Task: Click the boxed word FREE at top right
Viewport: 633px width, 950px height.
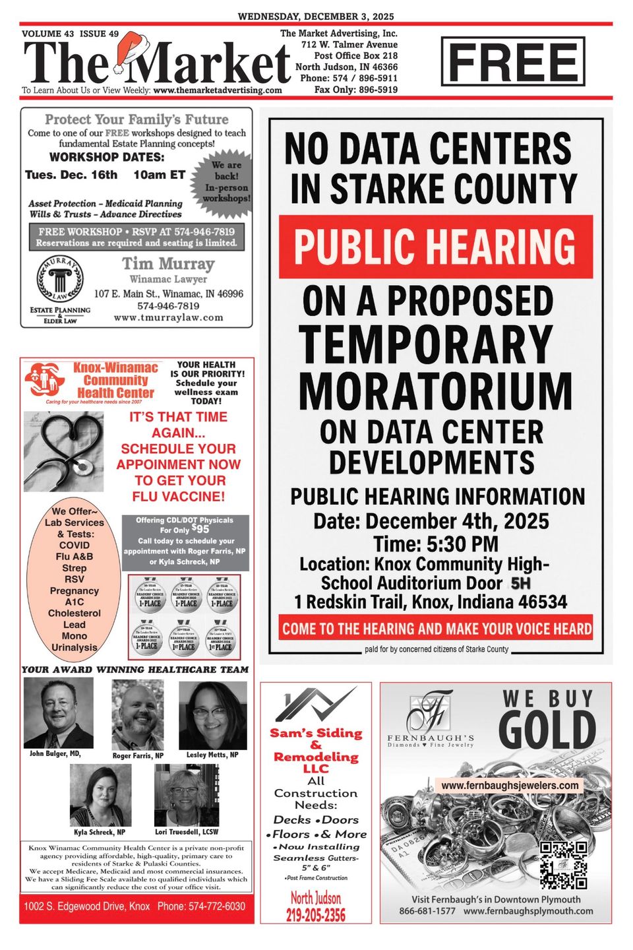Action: (x=513, y=62)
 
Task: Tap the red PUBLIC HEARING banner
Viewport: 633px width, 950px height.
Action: (x=435, y=246)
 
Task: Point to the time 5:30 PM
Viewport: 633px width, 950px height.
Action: (x=436, y=544)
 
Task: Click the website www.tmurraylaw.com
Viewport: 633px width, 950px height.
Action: (x=168, y=317)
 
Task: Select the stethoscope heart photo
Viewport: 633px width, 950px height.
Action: (x=63, y=451)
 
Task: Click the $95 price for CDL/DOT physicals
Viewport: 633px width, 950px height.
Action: (x=200, y=529)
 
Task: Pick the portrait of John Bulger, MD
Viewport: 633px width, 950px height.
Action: (x=58, y=712)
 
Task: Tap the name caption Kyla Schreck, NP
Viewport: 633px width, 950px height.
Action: (x=100, y=833)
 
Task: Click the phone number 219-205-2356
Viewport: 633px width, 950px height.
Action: (x=315, y=914)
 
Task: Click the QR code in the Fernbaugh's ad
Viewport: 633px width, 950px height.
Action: (x=563, y=865)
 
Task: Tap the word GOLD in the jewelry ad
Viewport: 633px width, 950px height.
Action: (x=547, y=730)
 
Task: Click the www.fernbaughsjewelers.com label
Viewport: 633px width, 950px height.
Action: (x=510, y=786)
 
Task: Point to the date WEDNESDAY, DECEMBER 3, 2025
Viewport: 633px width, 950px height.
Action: (x=316, y=16)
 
